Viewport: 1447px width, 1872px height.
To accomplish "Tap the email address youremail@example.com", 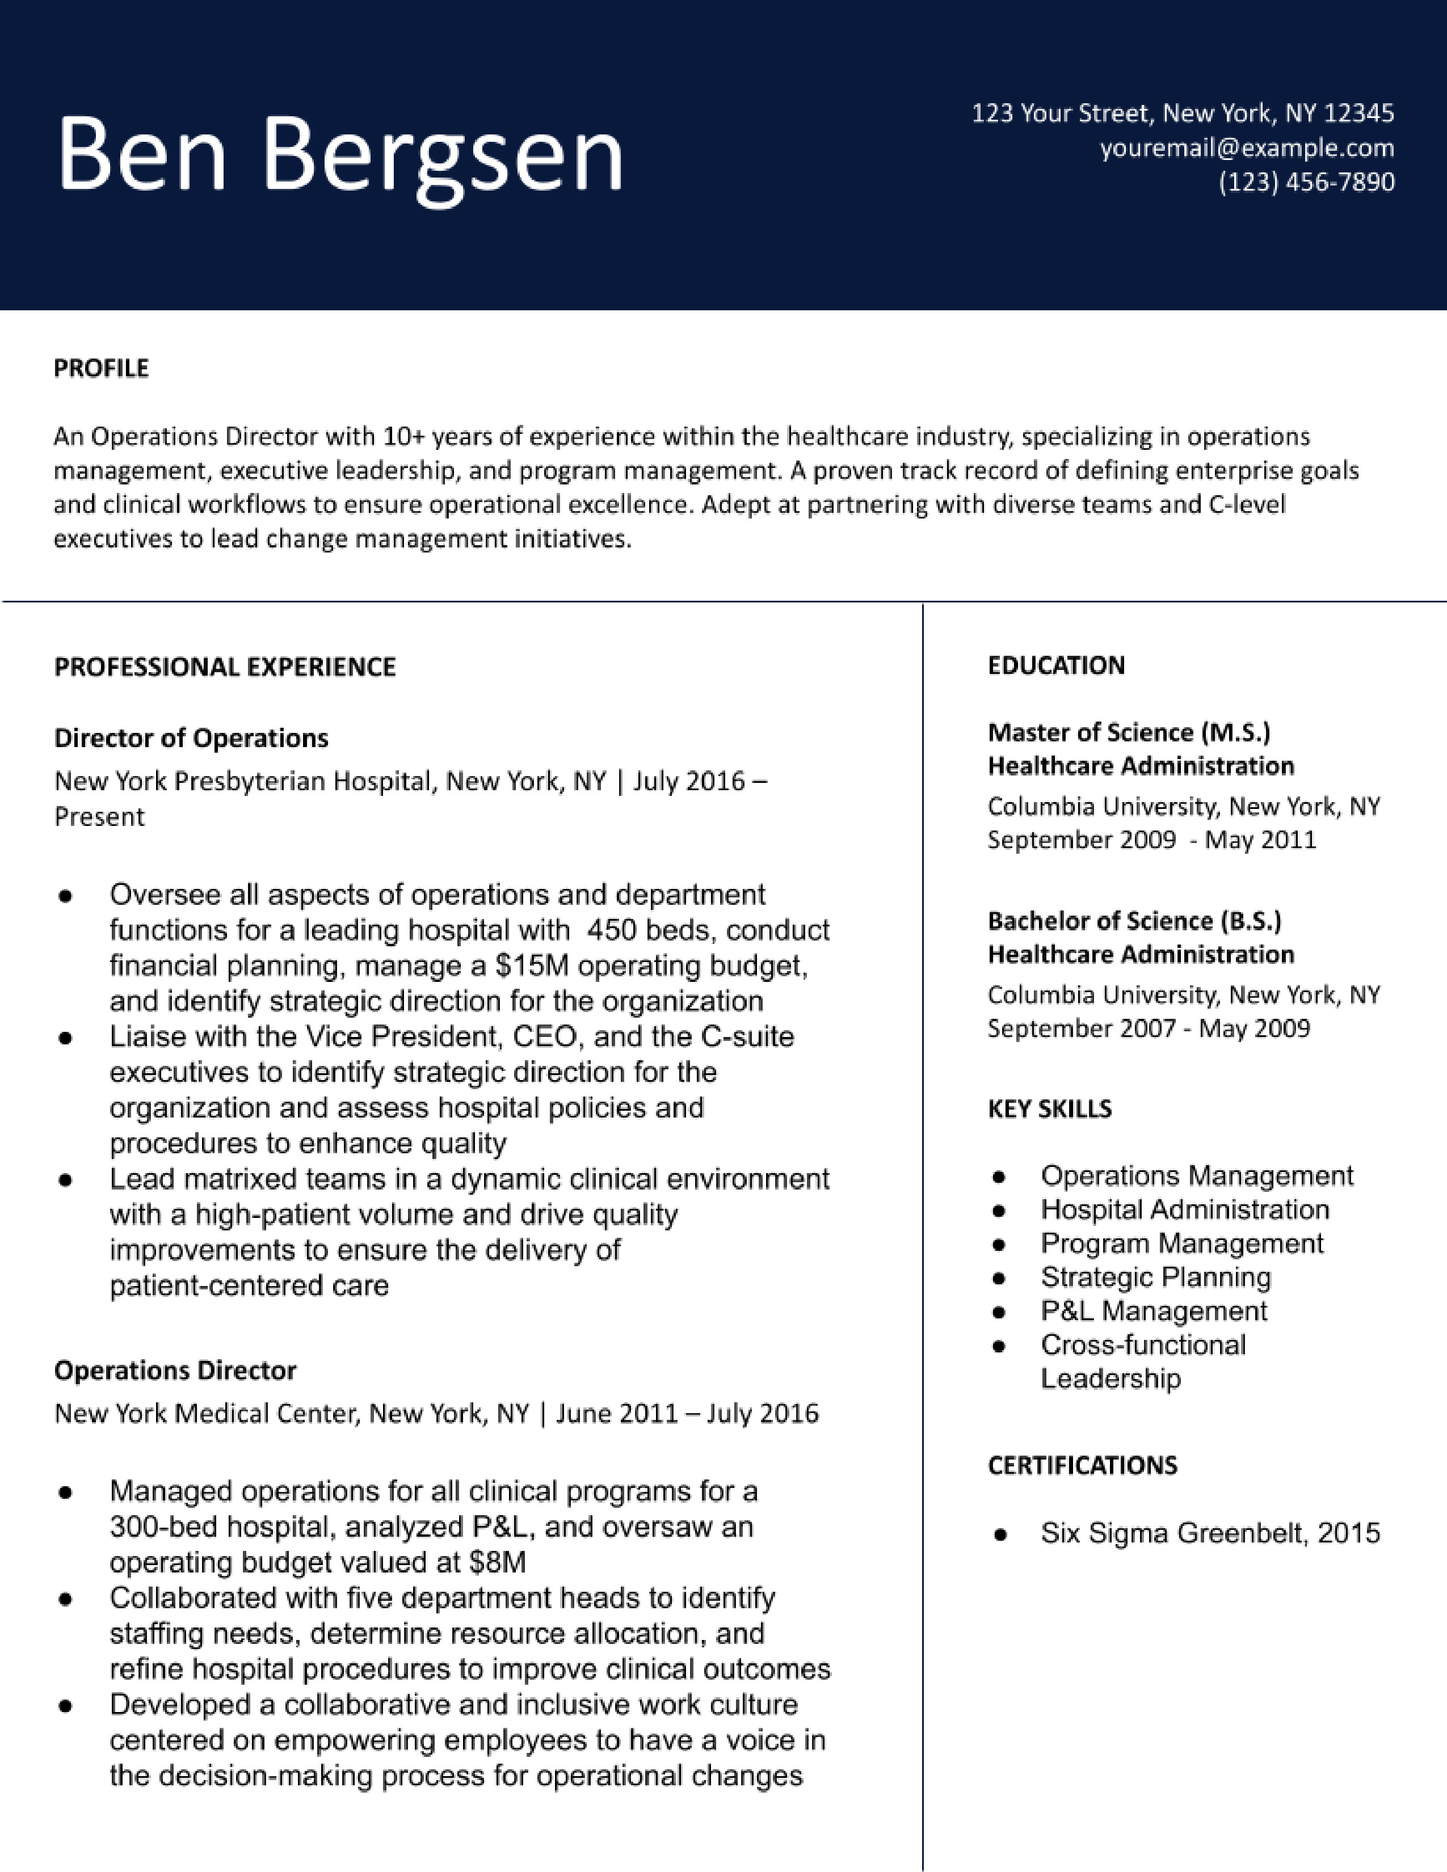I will click(x=1247, y=148).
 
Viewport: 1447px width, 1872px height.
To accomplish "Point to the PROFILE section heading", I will click(x=101, y=369).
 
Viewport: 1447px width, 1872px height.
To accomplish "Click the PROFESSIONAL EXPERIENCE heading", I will click(x=225, y=667).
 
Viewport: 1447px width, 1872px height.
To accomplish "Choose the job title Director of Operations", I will click(x=191, y=738).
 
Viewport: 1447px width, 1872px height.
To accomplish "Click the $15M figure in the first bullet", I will click(x=532, y=966).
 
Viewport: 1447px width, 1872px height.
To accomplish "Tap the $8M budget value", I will click(x=497, y=1563).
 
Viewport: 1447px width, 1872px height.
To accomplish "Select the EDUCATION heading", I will click(x=1055, y=666).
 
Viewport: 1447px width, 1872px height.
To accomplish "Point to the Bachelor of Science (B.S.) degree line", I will click(x=1134, y=921).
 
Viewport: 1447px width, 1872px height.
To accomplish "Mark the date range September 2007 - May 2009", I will click(x=1149, y=1028).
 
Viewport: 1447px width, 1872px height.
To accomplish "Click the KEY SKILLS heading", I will click(x=1049, y=1109).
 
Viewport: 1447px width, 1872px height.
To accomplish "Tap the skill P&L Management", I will click(x=1153, y=1312).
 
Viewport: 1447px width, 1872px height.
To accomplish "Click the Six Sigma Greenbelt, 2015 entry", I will click(x=1210, y=1533).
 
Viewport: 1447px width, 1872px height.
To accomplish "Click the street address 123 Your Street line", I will click(x=1182, y=113).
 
